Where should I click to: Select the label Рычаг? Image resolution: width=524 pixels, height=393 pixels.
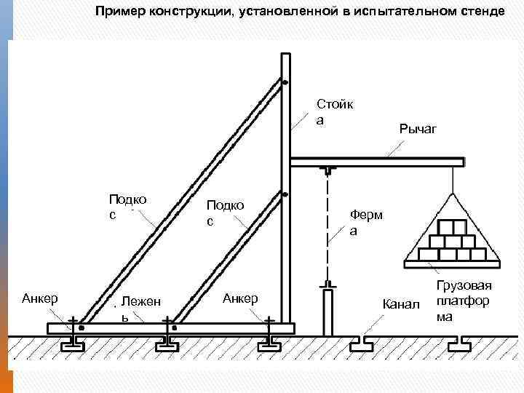pyautogui.click(x=417, y=129)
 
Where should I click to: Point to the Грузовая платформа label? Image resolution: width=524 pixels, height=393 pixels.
pyautogui.click(x=464, y=301)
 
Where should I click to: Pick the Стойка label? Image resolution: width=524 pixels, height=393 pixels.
pyautogui.click(x=335, y=111)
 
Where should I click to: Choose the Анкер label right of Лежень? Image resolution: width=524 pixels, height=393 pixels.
pyautogui.click(x=239, y=298)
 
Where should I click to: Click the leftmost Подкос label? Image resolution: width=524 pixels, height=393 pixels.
pyautogui.click(x=127, y=205)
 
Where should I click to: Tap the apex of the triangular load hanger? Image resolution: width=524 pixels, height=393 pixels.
pyautogui.click(x=453, y=196)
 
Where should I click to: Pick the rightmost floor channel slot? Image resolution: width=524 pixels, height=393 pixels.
pyautogui.click(x=464, y=340)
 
